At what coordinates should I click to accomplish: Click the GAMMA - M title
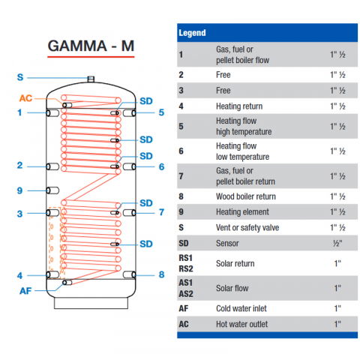coord(91,45)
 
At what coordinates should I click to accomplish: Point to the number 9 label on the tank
coord(20,190)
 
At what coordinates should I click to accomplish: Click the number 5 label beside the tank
coord(160,113)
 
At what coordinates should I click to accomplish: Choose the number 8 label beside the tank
coord(160,274)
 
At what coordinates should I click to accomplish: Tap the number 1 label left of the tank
coord(20,113)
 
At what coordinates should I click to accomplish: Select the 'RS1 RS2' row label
coord(187,264)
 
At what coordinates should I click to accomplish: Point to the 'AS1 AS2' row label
coord(187,287)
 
